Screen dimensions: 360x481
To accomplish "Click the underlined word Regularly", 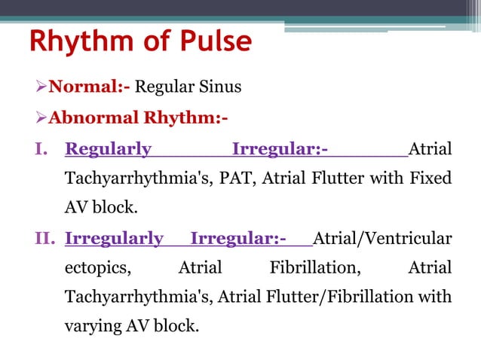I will (109, 149).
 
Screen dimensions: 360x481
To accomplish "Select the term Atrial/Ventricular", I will (382, 239).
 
